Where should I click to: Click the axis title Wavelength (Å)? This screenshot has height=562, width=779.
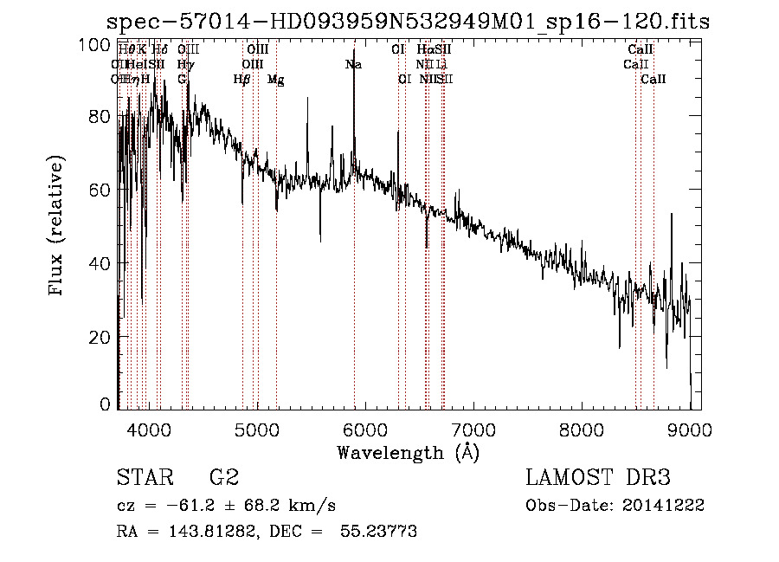click(x=408, y=452)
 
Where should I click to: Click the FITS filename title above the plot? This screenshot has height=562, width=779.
click(x=408, y=22)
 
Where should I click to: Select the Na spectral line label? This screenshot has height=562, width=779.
click(x=353, y=64)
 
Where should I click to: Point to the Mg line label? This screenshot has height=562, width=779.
click(x=275, y=80)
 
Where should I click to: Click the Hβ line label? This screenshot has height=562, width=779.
click(x=242, y=80)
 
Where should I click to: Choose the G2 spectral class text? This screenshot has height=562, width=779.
click(x=224, y=478)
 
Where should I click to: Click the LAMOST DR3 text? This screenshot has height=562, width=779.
click(x=598, y=478)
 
